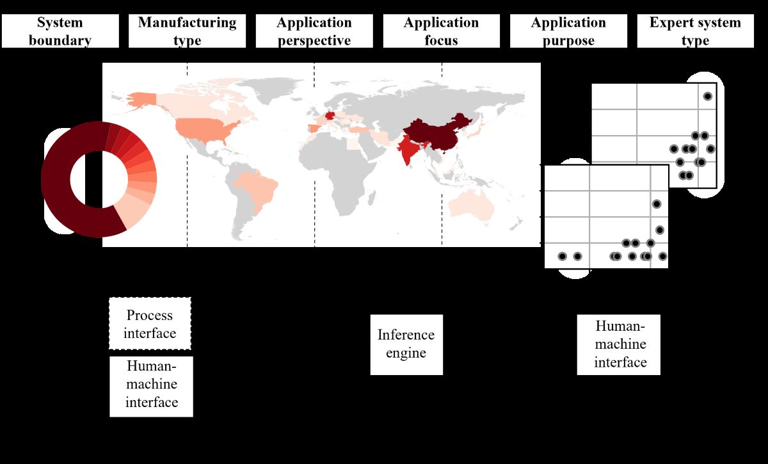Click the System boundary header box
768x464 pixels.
click(60, 31)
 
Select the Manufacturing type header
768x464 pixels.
click(187, 31)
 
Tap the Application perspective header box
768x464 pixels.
click(314, 31)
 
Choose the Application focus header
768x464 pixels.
click(441, 31)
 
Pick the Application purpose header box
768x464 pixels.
click(568, 31)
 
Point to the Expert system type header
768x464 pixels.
click(695, 31)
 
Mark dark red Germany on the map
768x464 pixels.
click(330, 116)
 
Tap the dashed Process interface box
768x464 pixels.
click(150, 324)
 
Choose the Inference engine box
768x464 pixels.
click(406, 344)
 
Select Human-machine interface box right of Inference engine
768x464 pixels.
click(619, 344)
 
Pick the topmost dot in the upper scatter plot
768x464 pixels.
click(707, 96)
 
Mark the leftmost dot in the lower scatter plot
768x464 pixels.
click(562, 257)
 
